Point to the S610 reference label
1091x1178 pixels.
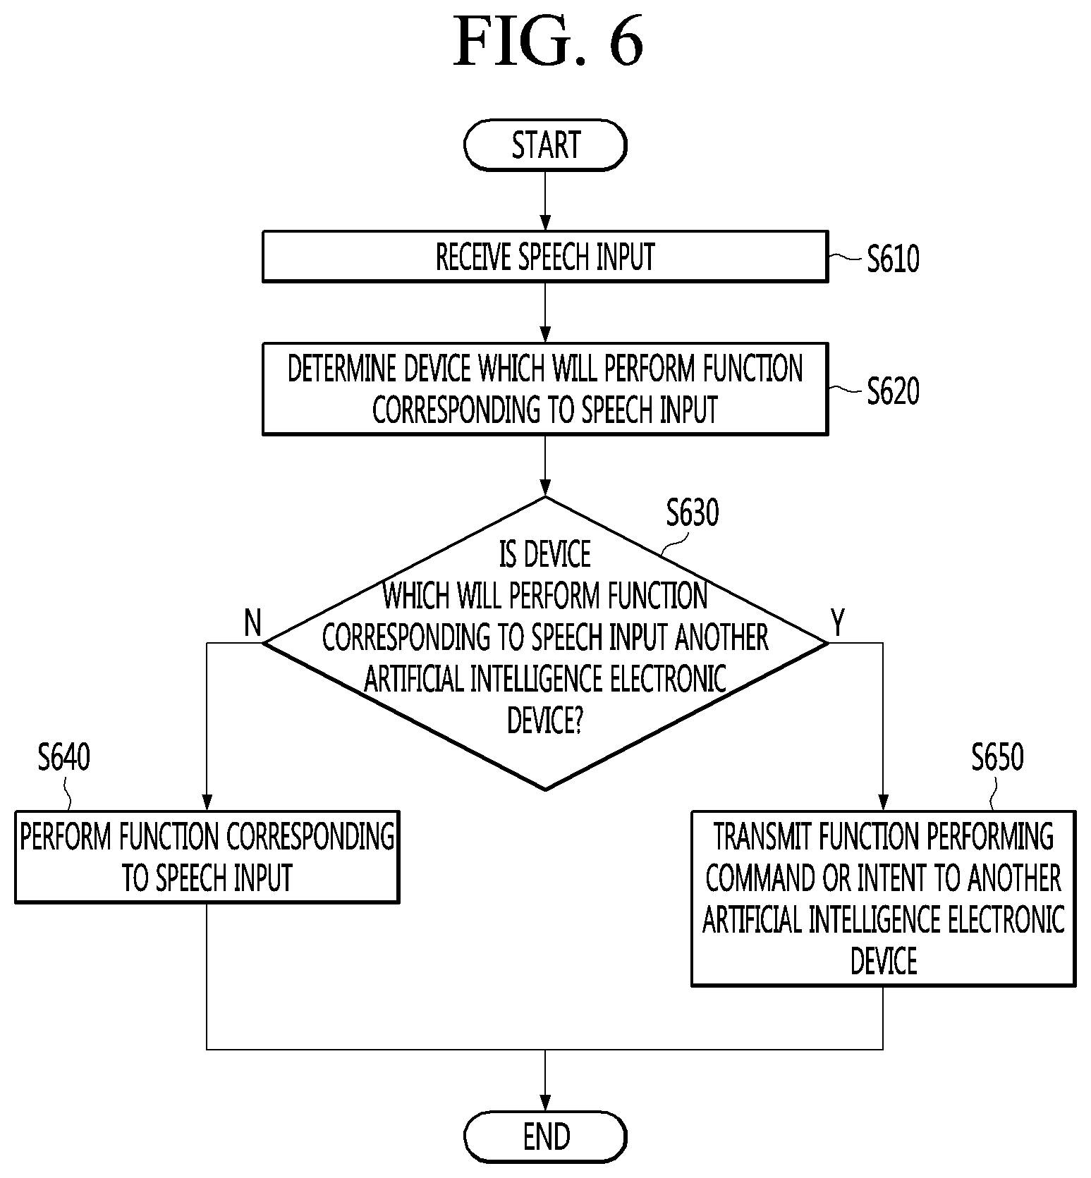coord(893,259)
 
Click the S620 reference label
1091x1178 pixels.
coord(893,391)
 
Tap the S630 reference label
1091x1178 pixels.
coord(693,513)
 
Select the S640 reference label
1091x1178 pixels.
coord(64,757)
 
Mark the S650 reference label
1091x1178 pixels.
coord(997,757)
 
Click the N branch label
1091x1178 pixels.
coord(252,623)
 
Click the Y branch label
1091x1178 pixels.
coord(837,623)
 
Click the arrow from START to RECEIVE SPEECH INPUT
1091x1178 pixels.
coord(545,201)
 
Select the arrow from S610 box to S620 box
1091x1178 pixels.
coord(545,313)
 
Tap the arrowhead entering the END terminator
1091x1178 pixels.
coord(545,1103)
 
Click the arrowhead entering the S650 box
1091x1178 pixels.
coord(883,803)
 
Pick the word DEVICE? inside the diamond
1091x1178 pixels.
coord(545,720)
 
